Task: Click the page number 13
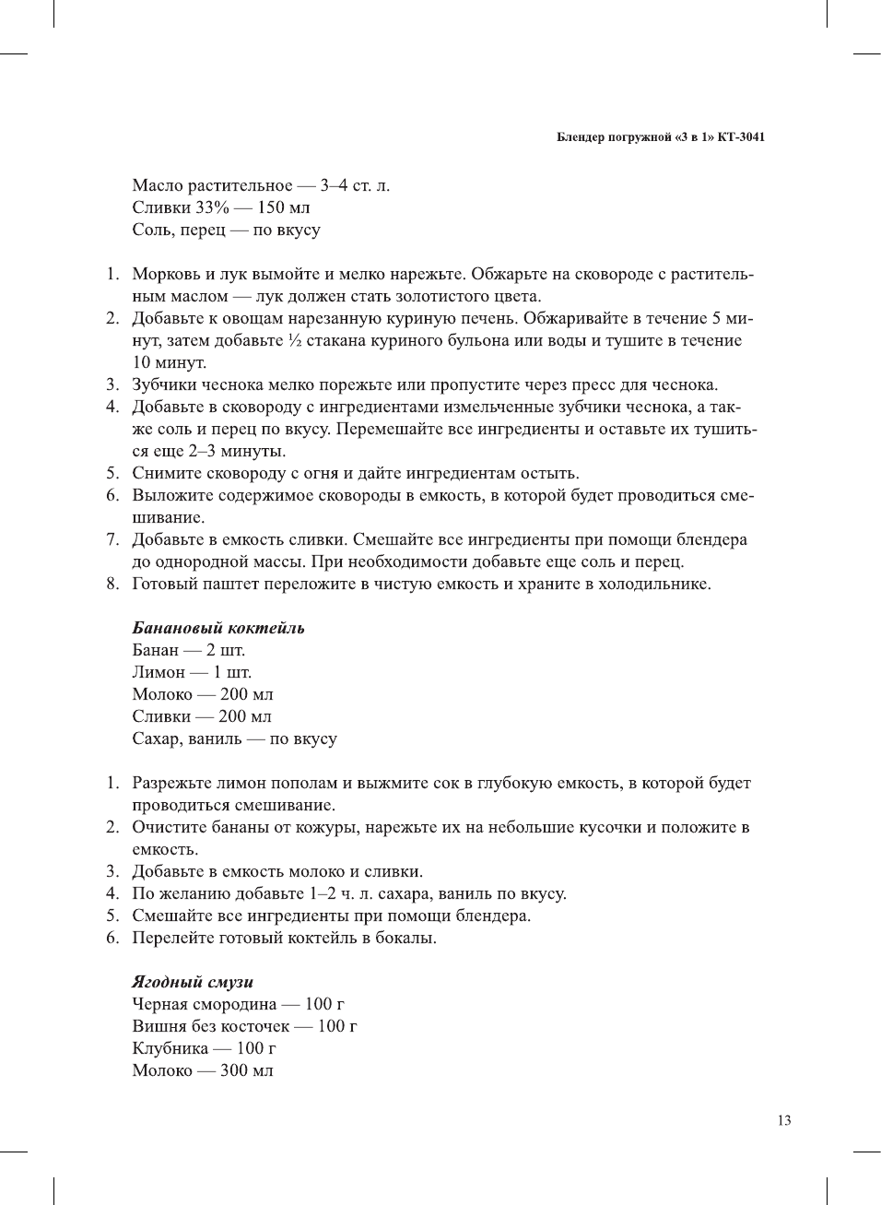point(783,1120)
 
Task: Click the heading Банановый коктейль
point(217,628)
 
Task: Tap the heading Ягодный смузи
point(192,982)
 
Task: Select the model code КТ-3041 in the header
point(742,137)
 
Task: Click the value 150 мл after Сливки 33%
point(283,207)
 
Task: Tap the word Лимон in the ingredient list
point(159,672)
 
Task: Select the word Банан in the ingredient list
point(155,650)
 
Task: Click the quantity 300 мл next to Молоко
point(246,1070)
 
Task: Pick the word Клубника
point(170,1048)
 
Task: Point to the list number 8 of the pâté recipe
point(112,584)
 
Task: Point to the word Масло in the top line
point(158,185)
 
